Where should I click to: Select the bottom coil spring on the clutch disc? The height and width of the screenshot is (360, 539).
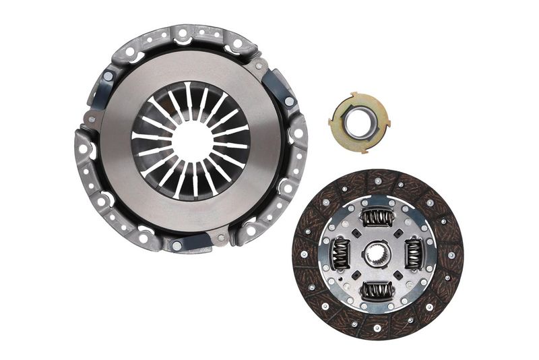click(378, 291)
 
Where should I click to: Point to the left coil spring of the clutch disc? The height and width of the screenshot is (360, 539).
click(340, 254)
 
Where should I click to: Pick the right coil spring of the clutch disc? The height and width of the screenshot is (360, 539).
click(414, 254)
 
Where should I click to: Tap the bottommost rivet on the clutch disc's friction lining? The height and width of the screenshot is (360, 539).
click(377, 329)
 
